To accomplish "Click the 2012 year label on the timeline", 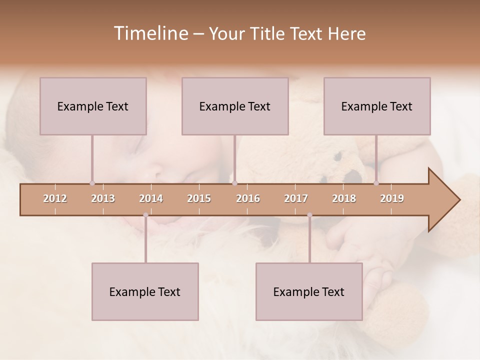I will coord(55,198).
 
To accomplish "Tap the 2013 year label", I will coord(103,198).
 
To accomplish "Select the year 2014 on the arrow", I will coord(151,198).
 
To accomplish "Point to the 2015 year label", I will coord(199,198).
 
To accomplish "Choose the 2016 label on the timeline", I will coord(248,198).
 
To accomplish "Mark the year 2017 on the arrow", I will coord(296,198).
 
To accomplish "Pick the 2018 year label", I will coord(344,198).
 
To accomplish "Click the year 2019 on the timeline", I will coord(392,198).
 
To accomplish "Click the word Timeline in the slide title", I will coord(150,33).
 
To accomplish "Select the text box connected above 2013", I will coord(93,106).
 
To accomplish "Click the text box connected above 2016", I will coord(235,106).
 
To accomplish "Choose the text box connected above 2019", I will coord(377,106).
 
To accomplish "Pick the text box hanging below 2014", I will coord(145,291).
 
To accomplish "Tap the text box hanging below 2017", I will coord(309,291).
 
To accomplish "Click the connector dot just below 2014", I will coord(145,215).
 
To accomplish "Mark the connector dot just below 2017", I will coord(309,215).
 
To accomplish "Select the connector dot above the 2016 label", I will coord(234,183).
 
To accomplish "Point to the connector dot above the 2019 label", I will coord(376,183).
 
